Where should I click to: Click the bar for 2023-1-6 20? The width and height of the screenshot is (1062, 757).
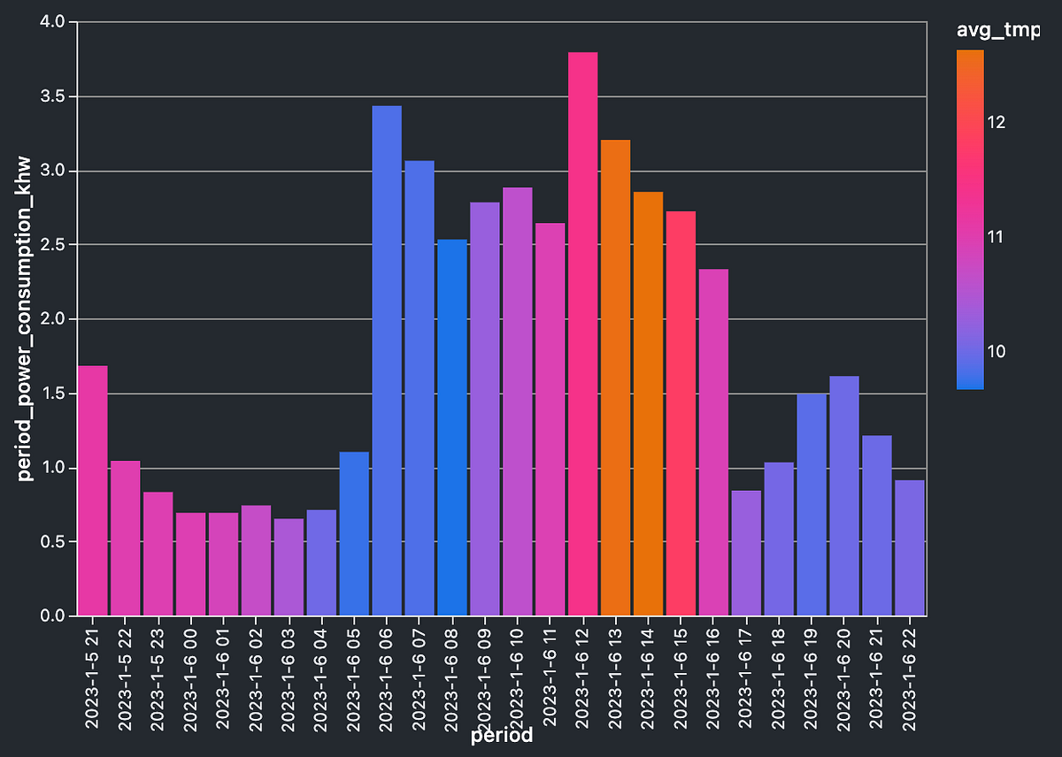844,496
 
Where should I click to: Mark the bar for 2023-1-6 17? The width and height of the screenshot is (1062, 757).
746,553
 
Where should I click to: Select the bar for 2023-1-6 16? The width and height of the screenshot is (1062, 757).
713,442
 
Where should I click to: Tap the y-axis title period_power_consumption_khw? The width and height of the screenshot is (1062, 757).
26,318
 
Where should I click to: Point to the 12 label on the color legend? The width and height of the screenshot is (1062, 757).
997,122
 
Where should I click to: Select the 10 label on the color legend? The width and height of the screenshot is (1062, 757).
997,352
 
